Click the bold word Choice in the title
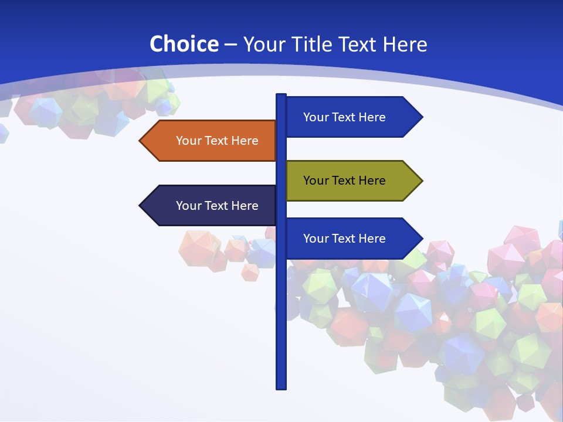tap(184, 44)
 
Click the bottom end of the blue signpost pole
tap(281, 387)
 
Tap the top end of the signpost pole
tap(281, 96)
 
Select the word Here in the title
tap(405, 44)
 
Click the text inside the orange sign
tap(217, 141)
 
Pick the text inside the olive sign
tap(344, 181)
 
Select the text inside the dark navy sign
tap(217, 206)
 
